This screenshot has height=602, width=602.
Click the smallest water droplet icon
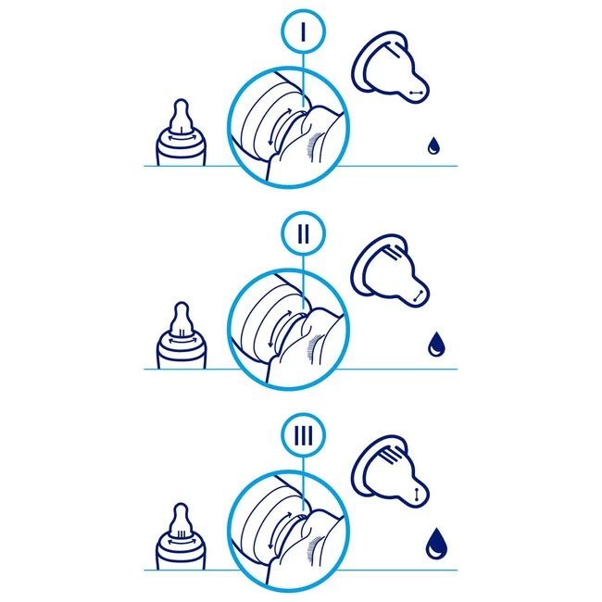[433, 145]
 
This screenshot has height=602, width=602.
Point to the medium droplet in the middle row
[435, 344]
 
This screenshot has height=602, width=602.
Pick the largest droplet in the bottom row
[436, 544]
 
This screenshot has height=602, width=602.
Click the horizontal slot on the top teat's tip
[416, 93]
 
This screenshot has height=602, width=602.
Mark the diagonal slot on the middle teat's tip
[419, 295]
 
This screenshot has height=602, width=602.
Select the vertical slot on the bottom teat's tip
[417, 495]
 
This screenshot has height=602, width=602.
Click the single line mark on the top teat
[394, 50]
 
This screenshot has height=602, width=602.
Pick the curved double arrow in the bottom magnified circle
[277, 530]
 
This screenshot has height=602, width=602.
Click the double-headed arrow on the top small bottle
[181, 138]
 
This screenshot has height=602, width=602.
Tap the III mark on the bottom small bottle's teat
[182, 533]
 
